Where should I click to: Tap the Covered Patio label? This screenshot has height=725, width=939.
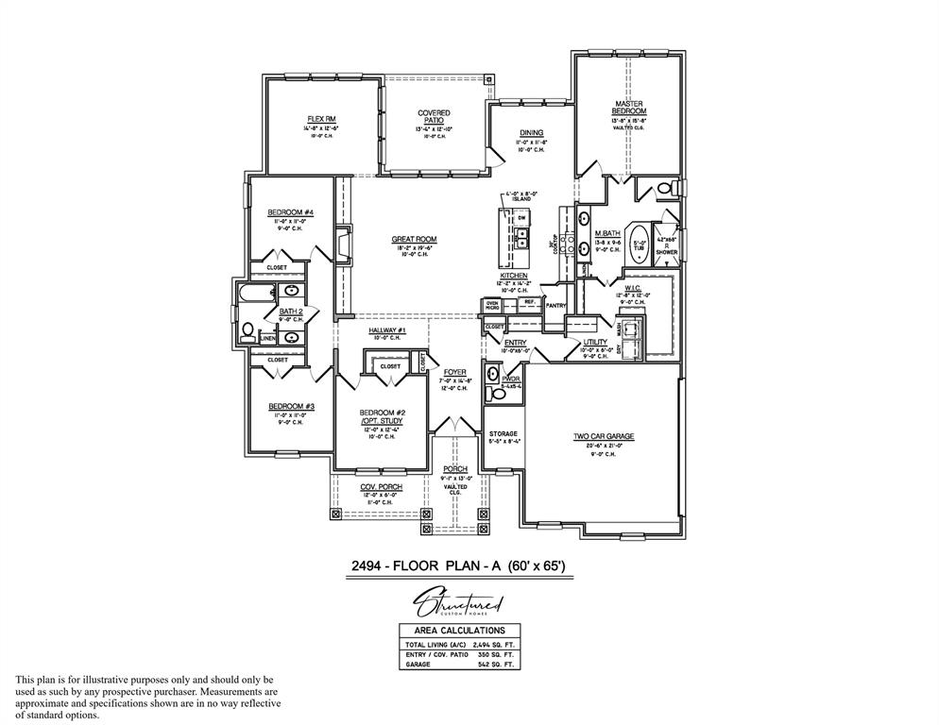434,117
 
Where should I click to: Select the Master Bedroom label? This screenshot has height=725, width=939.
628,108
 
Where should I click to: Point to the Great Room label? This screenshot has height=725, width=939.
414,239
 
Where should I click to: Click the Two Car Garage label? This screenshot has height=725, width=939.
603,437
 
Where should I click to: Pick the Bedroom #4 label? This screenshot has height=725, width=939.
290,211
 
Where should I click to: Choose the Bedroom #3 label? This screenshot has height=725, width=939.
290,406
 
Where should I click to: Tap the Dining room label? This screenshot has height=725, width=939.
531,133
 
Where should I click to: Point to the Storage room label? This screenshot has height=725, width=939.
502,434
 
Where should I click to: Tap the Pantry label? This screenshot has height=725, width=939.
555,305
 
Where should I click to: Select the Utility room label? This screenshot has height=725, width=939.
595,342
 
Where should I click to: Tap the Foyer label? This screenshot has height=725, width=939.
455,372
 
